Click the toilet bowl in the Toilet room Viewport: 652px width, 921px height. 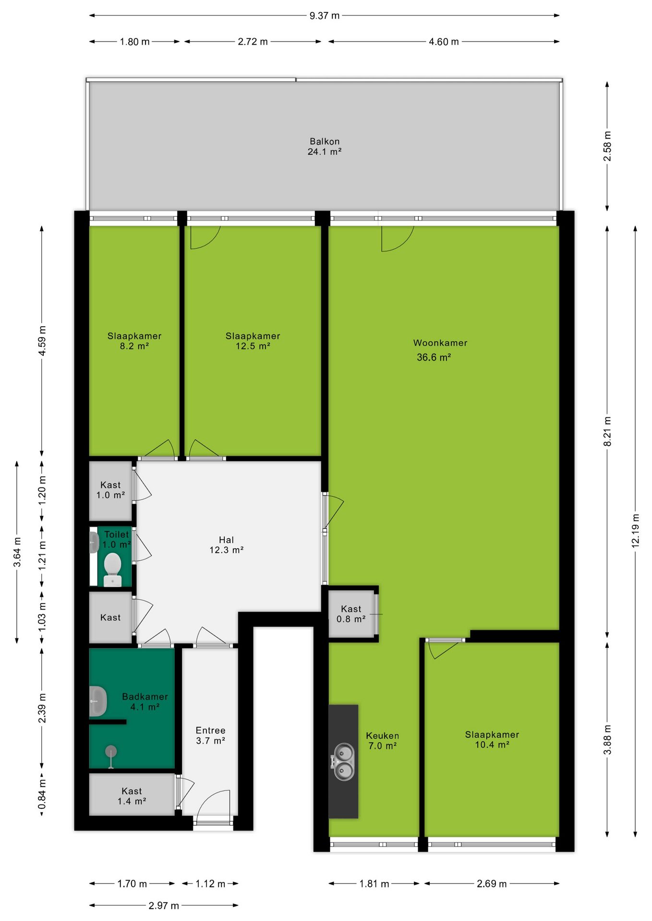[x=112, y=569]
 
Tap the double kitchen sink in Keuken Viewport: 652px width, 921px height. [x=343, y=762]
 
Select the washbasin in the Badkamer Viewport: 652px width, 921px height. [x=98, y=701]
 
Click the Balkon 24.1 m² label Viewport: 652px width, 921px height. [x=325, y=147]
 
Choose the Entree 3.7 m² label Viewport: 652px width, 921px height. [x=210, y=735]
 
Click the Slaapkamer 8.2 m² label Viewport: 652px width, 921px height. [x=134, y=341]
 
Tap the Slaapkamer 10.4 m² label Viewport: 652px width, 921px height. [x=492, y=740]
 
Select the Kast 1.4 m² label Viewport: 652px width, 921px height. [x=132, y=796]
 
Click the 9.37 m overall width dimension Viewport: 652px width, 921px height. [x=325, y=15]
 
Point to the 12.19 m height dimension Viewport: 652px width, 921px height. [x=636, y=531]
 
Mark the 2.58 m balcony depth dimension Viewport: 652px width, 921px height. [x=607, y=146]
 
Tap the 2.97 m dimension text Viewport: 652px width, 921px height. [x=164, y=906]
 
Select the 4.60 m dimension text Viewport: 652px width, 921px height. [x=444, y=42]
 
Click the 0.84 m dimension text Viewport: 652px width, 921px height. [x=42, y=794]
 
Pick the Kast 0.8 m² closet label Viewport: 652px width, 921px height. [x=351, y=614]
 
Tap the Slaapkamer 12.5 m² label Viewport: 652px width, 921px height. [x=253, y=341]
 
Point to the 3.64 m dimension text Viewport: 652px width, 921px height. [x=17, y=552]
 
